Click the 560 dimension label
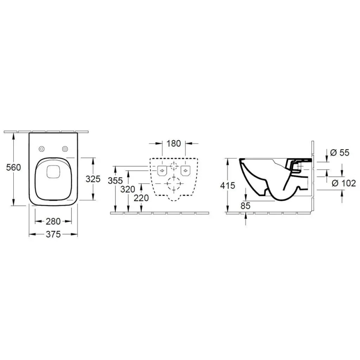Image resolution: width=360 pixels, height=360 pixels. (x=14, y=168)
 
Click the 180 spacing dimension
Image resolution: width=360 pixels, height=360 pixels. (x=173, y=144)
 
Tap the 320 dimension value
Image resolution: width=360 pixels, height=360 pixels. (x=128, y=189)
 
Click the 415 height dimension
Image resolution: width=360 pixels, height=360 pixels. (x=229, y=185)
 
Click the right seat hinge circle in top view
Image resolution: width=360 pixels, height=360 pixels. (x=65, y=148)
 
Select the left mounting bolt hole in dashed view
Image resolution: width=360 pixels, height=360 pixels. (x=162, y=169)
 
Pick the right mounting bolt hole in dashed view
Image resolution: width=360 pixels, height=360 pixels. (x=185, y=169)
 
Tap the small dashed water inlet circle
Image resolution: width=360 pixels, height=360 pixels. (x=173, y=167)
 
